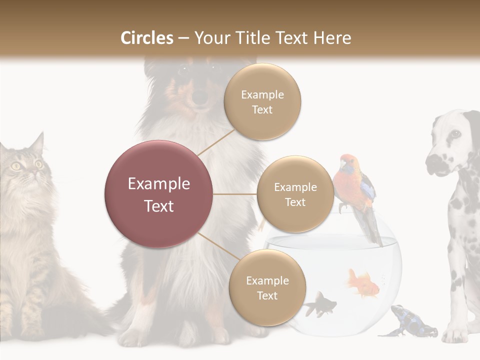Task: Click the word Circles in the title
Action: [x=146, y=37]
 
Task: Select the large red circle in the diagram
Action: [x=158, y=194]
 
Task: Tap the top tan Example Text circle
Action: [x=262, y=101]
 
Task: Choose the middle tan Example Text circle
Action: [x=295, y=194]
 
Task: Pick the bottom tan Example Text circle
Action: [x=267, y=287]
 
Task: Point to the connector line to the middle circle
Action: [x=235, y=194]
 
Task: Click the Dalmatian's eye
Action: [x=455, y=134]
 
